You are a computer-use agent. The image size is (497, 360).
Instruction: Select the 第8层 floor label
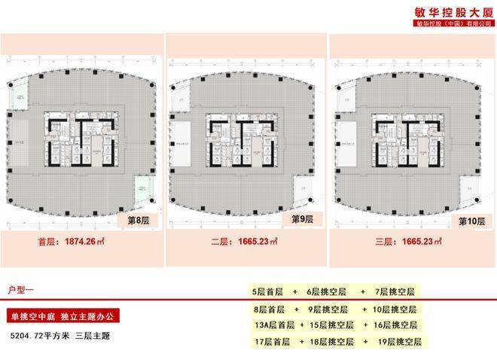coord(139,221)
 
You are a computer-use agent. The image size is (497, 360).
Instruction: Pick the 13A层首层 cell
coord(275,325)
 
